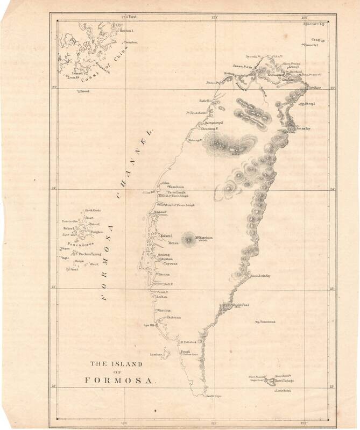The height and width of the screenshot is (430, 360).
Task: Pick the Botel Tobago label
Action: pyautogui.click(x=284, y=381)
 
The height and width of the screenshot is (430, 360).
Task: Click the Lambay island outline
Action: pyautogui.click(x=167, y=353)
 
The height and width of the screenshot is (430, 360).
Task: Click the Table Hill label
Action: pyautogui.click(x=204, y=101)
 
